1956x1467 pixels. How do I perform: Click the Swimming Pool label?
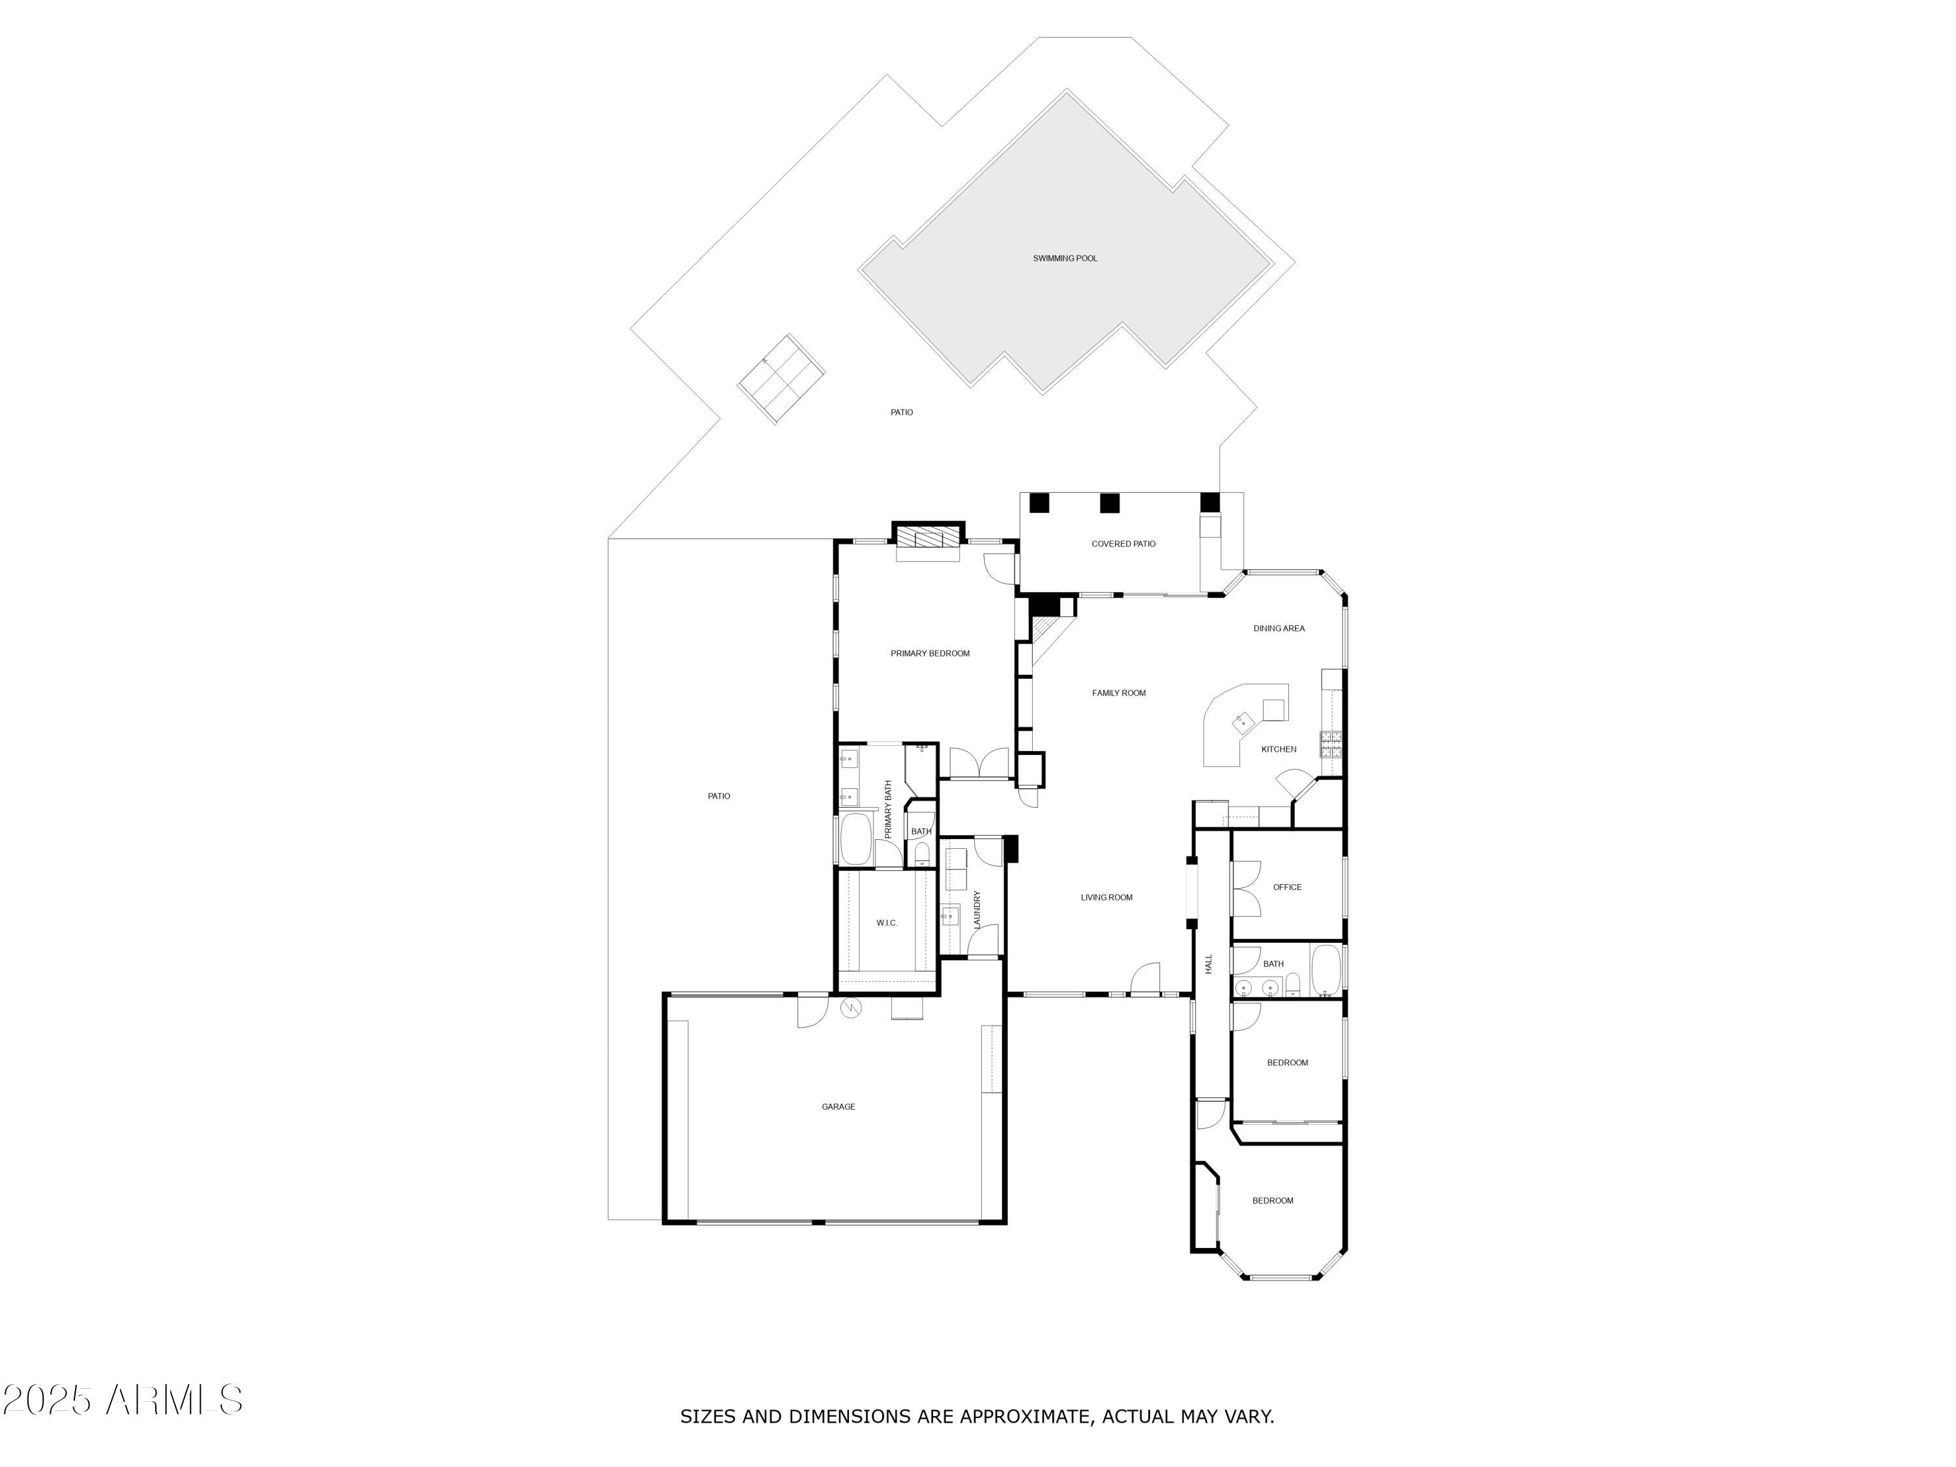coord(1065,258)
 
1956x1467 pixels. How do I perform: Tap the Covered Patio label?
coord(1123,544)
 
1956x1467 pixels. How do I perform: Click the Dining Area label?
coord(1279,629)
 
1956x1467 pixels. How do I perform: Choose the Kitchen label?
coord(1278,749)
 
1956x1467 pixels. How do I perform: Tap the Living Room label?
coord(1106,898)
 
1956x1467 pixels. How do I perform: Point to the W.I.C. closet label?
coord(886,923)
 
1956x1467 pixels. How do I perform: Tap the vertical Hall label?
coord(1208,964)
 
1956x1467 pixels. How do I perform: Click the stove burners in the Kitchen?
coord(1331,745)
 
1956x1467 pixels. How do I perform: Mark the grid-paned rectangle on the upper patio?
coord(782,378)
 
